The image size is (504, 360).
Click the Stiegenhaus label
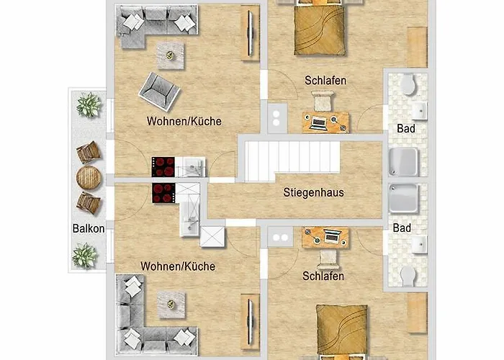312,192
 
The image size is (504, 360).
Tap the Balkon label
89,229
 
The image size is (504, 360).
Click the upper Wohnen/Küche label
184,120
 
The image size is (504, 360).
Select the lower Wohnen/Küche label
178,266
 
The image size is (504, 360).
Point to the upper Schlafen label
325,81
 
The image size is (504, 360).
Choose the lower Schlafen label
323,276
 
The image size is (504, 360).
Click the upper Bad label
405,128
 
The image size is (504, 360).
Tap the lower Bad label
402,228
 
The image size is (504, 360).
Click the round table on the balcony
89,177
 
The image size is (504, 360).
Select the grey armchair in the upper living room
159,91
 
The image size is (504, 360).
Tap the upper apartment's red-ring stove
163,167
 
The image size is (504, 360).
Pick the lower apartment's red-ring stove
164,193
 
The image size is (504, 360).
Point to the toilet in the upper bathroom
408,85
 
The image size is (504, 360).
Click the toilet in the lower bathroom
408,274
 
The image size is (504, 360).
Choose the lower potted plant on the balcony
85,255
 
